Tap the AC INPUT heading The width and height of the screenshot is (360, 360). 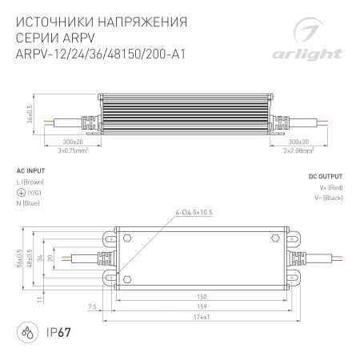(x=30, y=171)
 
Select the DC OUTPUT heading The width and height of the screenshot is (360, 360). (x=326, y=174)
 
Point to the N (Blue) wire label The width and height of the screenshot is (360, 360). (x=30, y=203)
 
